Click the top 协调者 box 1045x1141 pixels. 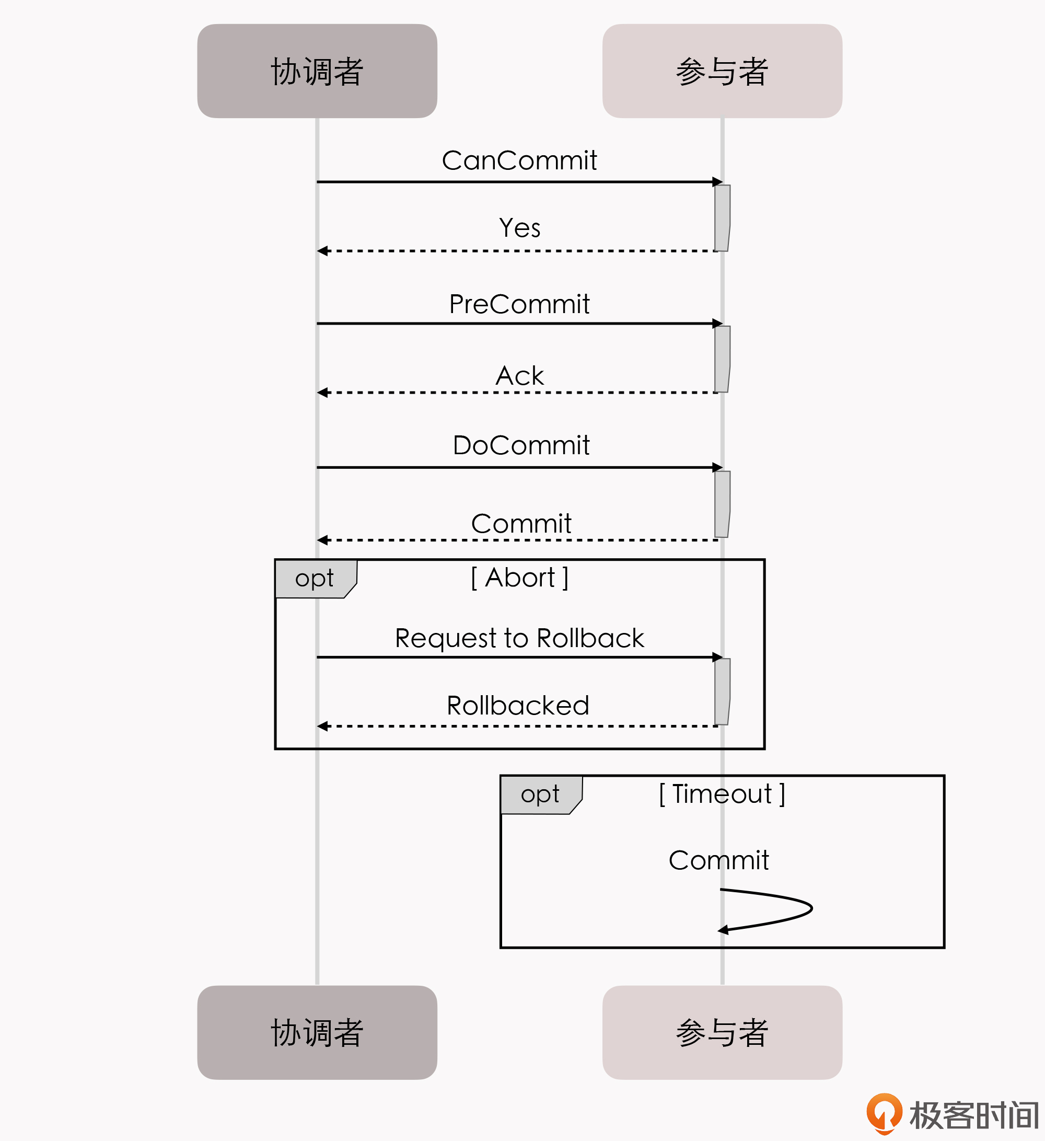coord(317,71)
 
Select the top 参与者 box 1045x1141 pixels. coord(722,71)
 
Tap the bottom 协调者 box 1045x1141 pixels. coord(317,1032)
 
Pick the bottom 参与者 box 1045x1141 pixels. coord(722,1032)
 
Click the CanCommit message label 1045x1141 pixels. coord(519,160)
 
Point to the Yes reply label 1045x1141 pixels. coord(519,227)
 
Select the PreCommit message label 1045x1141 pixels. coord(519,304)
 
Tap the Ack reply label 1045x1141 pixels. coord(519,376)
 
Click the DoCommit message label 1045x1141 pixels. coord(520,445)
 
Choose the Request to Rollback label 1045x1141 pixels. coord(519,638)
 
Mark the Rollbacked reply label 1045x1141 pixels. coord(518,705)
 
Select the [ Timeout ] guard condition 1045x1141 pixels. coord(722,793)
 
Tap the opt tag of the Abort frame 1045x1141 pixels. coord(315,579)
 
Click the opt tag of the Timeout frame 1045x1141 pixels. coord(540,794)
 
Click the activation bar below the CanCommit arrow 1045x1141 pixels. coord(722,218)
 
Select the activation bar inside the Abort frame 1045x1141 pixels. coord(722,691)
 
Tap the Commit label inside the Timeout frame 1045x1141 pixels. coord(718,860)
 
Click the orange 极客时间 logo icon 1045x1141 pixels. coord(884,1113)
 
